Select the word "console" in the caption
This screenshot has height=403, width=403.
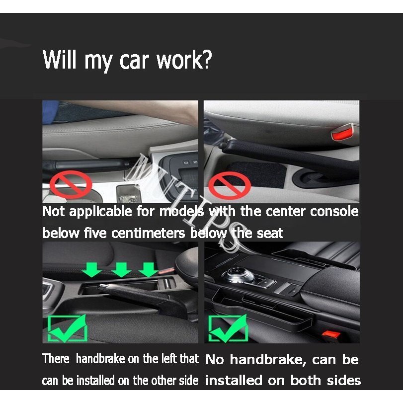pyautogui.click(x=334, y=212)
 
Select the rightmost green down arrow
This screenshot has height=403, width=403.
pyautogui.click(x=148, y=270)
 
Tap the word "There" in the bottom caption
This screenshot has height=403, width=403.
pyautogui.click(x=56, y=359)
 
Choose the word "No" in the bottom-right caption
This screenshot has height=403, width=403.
pyautogui.click(x=214, y=360)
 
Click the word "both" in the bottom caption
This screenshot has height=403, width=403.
pyautogui.click(x=300, y=381)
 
